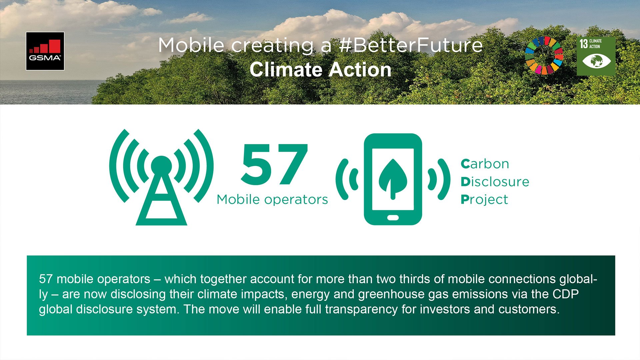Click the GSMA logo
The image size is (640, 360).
point(45,51)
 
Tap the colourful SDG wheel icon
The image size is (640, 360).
point(544,55)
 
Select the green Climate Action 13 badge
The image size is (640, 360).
point(596,56)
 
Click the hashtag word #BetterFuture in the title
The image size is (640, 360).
point(410,45)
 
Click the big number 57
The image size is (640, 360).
point(274,165)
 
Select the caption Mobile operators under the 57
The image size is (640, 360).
point(272,200)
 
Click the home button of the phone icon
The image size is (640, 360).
point(393,218)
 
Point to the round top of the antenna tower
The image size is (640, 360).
point(161,166)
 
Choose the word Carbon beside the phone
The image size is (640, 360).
point(485,164)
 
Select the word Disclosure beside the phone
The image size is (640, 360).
point(495,182)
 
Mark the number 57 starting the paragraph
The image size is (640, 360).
point(46,279)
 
